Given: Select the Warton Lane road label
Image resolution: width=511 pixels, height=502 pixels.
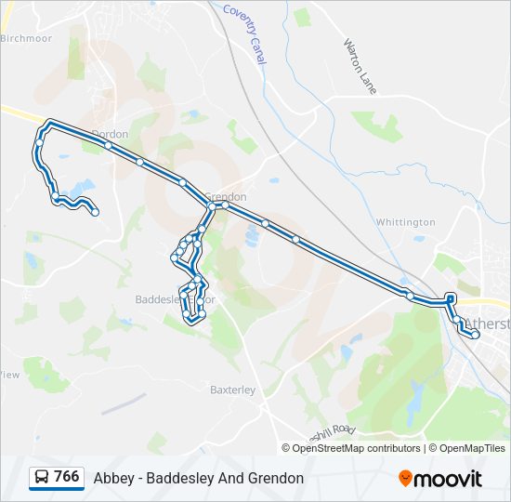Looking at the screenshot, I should tap(360, 65).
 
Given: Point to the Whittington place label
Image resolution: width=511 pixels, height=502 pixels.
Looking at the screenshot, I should tap(405, 222).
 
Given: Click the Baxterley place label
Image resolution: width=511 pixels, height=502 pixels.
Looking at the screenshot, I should tap(232, 390).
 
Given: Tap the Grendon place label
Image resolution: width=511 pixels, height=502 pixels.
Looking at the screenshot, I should tap(226, 197).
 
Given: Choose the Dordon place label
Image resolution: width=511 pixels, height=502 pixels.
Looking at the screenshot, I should tap(110, 134).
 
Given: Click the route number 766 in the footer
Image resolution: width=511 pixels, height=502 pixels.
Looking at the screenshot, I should tap(66, 477).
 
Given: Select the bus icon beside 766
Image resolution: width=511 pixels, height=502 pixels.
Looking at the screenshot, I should tap(42, 478).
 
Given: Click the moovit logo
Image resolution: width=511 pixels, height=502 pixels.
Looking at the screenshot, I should tap(440, 479).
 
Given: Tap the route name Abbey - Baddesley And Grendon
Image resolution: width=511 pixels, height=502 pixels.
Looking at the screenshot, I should tap(199, 478).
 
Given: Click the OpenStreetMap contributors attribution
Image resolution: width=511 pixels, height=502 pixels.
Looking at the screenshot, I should tap(357, 448).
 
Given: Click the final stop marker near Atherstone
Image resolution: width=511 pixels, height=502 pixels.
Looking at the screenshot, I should tap(475, 335).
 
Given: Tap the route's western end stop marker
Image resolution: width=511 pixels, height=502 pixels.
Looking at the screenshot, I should tap(95, 213).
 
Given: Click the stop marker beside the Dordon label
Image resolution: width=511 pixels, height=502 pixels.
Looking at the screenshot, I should tap(109, 145).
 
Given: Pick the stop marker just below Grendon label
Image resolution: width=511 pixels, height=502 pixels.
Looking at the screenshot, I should tap(224, 206).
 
